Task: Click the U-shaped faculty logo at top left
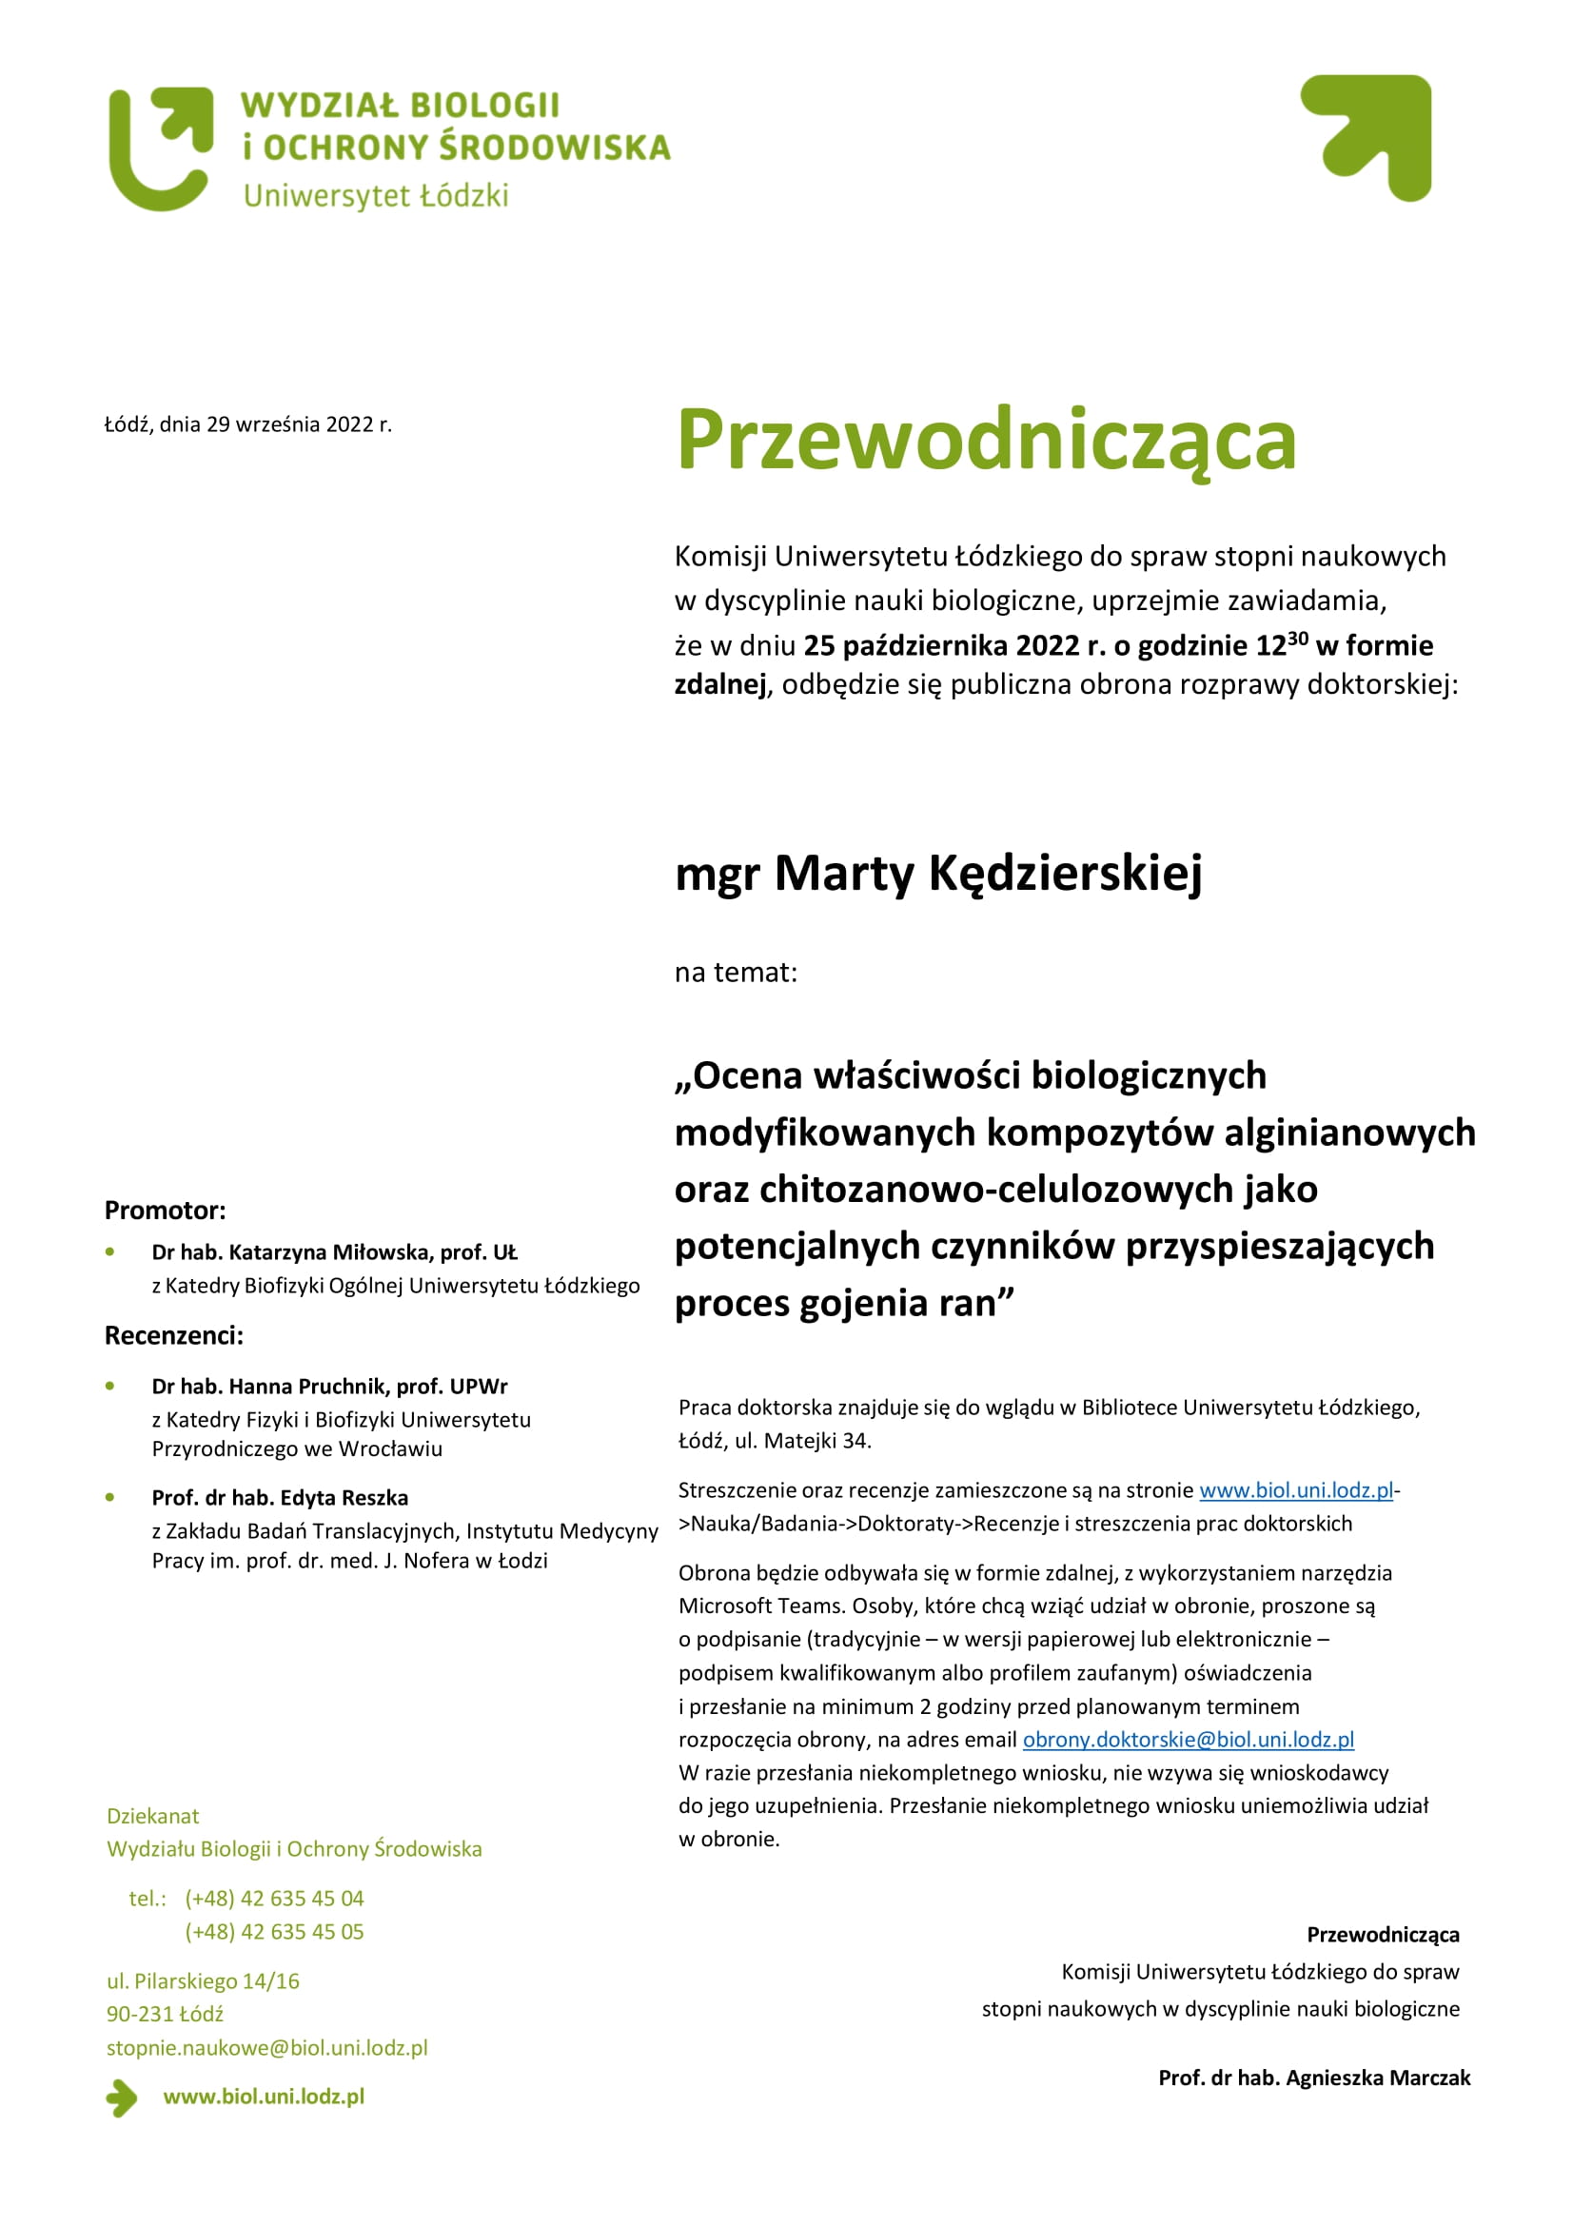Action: pos(160,148)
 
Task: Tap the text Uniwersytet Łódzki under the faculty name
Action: pos(375,196)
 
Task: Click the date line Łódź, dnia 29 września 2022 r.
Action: pos(248,424)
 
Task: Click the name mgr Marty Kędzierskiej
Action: pos(938,873)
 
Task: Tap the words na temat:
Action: pos(736,972)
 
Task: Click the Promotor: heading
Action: pos(165,1210)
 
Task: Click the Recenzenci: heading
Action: pos(173,1335)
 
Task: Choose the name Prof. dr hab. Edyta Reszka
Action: pos(279,1497)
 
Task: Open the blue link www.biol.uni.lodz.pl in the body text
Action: pos(1295,1490)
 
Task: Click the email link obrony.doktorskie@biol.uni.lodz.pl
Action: pos(1189,1740)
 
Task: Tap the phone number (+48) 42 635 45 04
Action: pos(274,1899)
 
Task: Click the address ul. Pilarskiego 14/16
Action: pos(203,1980)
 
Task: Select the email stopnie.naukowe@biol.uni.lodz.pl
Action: pos(266,2048)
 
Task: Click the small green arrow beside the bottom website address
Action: pos(121,2098)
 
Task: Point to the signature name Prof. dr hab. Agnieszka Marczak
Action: pos(1313,2078)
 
